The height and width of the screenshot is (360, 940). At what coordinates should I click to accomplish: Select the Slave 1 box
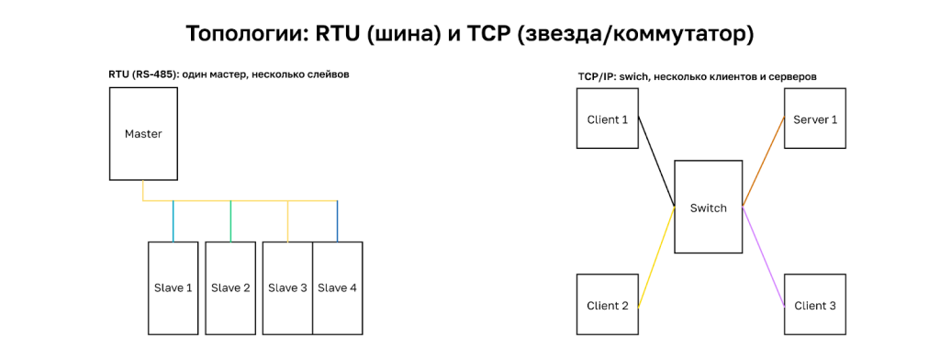[x=173, y=287]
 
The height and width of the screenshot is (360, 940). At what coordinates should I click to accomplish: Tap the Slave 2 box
[x=229, y=287]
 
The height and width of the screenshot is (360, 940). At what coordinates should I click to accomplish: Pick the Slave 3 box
[x=287, y=287]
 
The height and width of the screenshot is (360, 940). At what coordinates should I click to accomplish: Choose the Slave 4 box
[x=338, y=287]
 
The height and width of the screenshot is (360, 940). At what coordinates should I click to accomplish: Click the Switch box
[x=708, y=208]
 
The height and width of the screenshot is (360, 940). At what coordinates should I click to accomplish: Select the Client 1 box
[x=608, y=119]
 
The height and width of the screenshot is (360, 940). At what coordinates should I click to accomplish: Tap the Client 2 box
[x=608, y=305]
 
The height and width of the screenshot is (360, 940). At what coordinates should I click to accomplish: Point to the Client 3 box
[x=815, y=305]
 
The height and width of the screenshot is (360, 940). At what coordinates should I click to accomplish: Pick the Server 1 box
[x=815, y=119]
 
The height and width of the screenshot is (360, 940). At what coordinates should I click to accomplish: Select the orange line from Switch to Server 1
[x=763, y=162]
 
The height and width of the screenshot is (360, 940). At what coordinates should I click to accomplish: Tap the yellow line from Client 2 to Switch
[x=656, y=257]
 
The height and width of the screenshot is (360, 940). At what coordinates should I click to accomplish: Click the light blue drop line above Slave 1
[x=173, y=220]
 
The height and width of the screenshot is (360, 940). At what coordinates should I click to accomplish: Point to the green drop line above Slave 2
[x=230, y=220]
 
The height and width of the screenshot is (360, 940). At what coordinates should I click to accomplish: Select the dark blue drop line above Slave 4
[x=337, y=220]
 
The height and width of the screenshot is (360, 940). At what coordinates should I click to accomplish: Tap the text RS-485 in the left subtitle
[x=149, y=73]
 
